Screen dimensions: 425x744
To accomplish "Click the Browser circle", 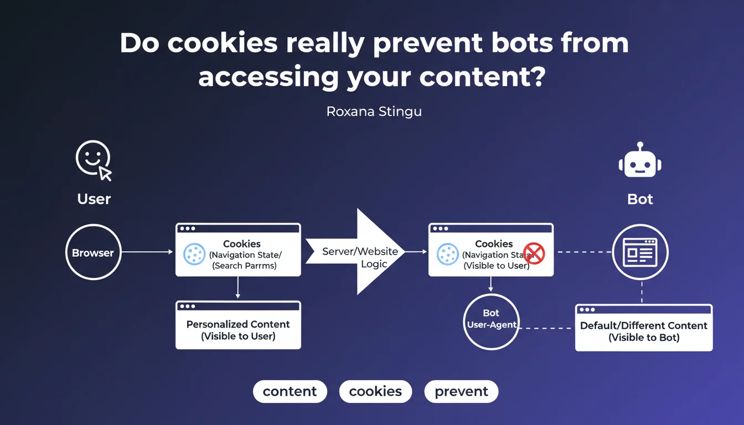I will pyautogui.click(x=93, y=252).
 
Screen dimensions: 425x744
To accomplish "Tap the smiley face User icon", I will pyautogui.click(x=92, y=158).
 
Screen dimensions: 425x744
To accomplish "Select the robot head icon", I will pyautogui.click(x=640, y=162).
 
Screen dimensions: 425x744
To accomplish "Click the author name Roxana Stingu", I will pyautogui.click(x=374, y=111).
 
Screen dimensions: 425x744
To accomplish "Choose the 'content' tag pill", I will pyautogui.click(x=290, y=391).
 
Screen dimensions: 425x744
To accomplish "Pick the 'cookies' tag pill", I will pyautogui.click(x=375, y=391).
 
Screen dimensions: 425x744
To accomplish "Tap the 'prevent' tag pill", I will pyautogui.click(x=461, y=391).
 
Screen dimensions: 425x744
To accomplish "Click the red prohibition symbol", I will pyautogui.click(x=534, y=253).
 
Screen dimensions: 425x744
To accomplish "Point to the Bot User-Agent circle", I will pyautogui.click(x=491, y=321).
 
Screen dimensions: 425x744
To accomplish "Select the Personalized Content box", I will pyautogui.click(x=238, y=325).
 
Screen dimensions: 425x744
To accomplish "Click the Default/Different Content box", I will pyautogui.click(x=644, y=328).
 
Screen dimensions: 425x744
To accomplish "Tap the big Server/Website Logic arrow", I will pyautogui.click(x=360, y=252).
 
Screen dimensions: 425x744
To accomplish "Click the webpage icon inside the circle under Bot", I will pyautogui.click(x=640, y=252).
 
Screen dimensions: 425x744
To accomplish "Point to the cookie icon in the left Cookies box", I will pyautogui.click(x=194, y=254).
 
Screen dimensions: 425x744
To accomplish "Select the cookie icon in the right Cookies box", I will pyautogui.click(x=447, y=254).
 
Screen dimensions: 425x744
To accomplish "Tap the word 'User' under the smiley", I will pyautogui.click(x=94, y=199).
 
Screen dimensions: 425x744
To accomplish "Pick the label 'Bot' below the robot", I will pyautogui.click(x=640, y=199).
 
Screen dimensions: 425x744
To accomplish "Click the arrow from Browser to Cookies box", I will pyautogui.click(x=147, y=252).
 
